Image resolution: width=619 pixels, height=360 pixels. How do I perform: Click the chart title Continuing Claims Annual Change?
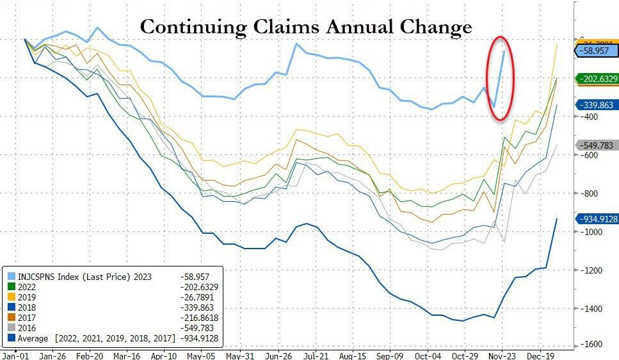coord(305,27)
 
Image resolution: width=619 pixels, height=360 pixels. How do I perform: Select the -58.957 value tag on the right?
coord(597,49)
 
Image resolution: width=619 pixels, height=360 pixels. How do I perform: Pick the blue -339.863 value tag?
coord(598,105)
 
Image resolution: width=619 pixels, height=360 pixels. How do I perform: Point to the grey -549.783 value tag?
coord(598,145)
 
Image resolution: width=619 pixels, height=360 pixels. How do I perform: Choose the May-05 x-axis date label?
coord(202,354)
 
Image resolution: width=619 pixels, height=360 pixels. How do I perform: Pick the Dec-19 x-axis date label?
coord(540,354)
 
